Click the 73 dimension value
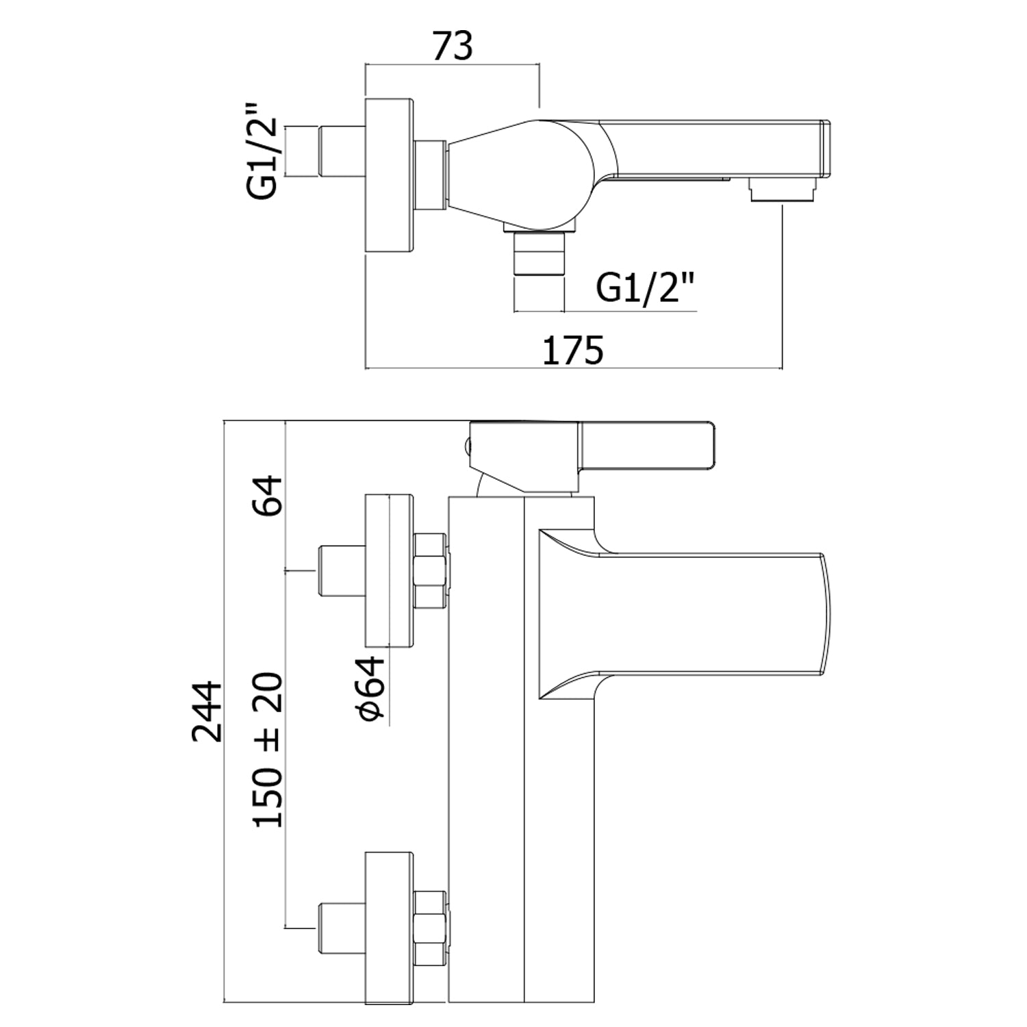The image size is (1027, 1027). tap(453, 47)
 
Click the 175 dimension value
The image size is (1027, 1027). tap(573, 351)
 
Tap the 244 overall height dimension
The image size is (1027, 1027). tap(207, 711)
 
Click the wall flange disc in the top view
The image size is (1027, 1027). tap(389, 177)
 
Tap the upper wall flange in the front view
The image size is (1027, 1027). tap(390, 570)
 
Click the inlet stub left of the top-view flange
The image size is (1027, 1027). tap(342, 151)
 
